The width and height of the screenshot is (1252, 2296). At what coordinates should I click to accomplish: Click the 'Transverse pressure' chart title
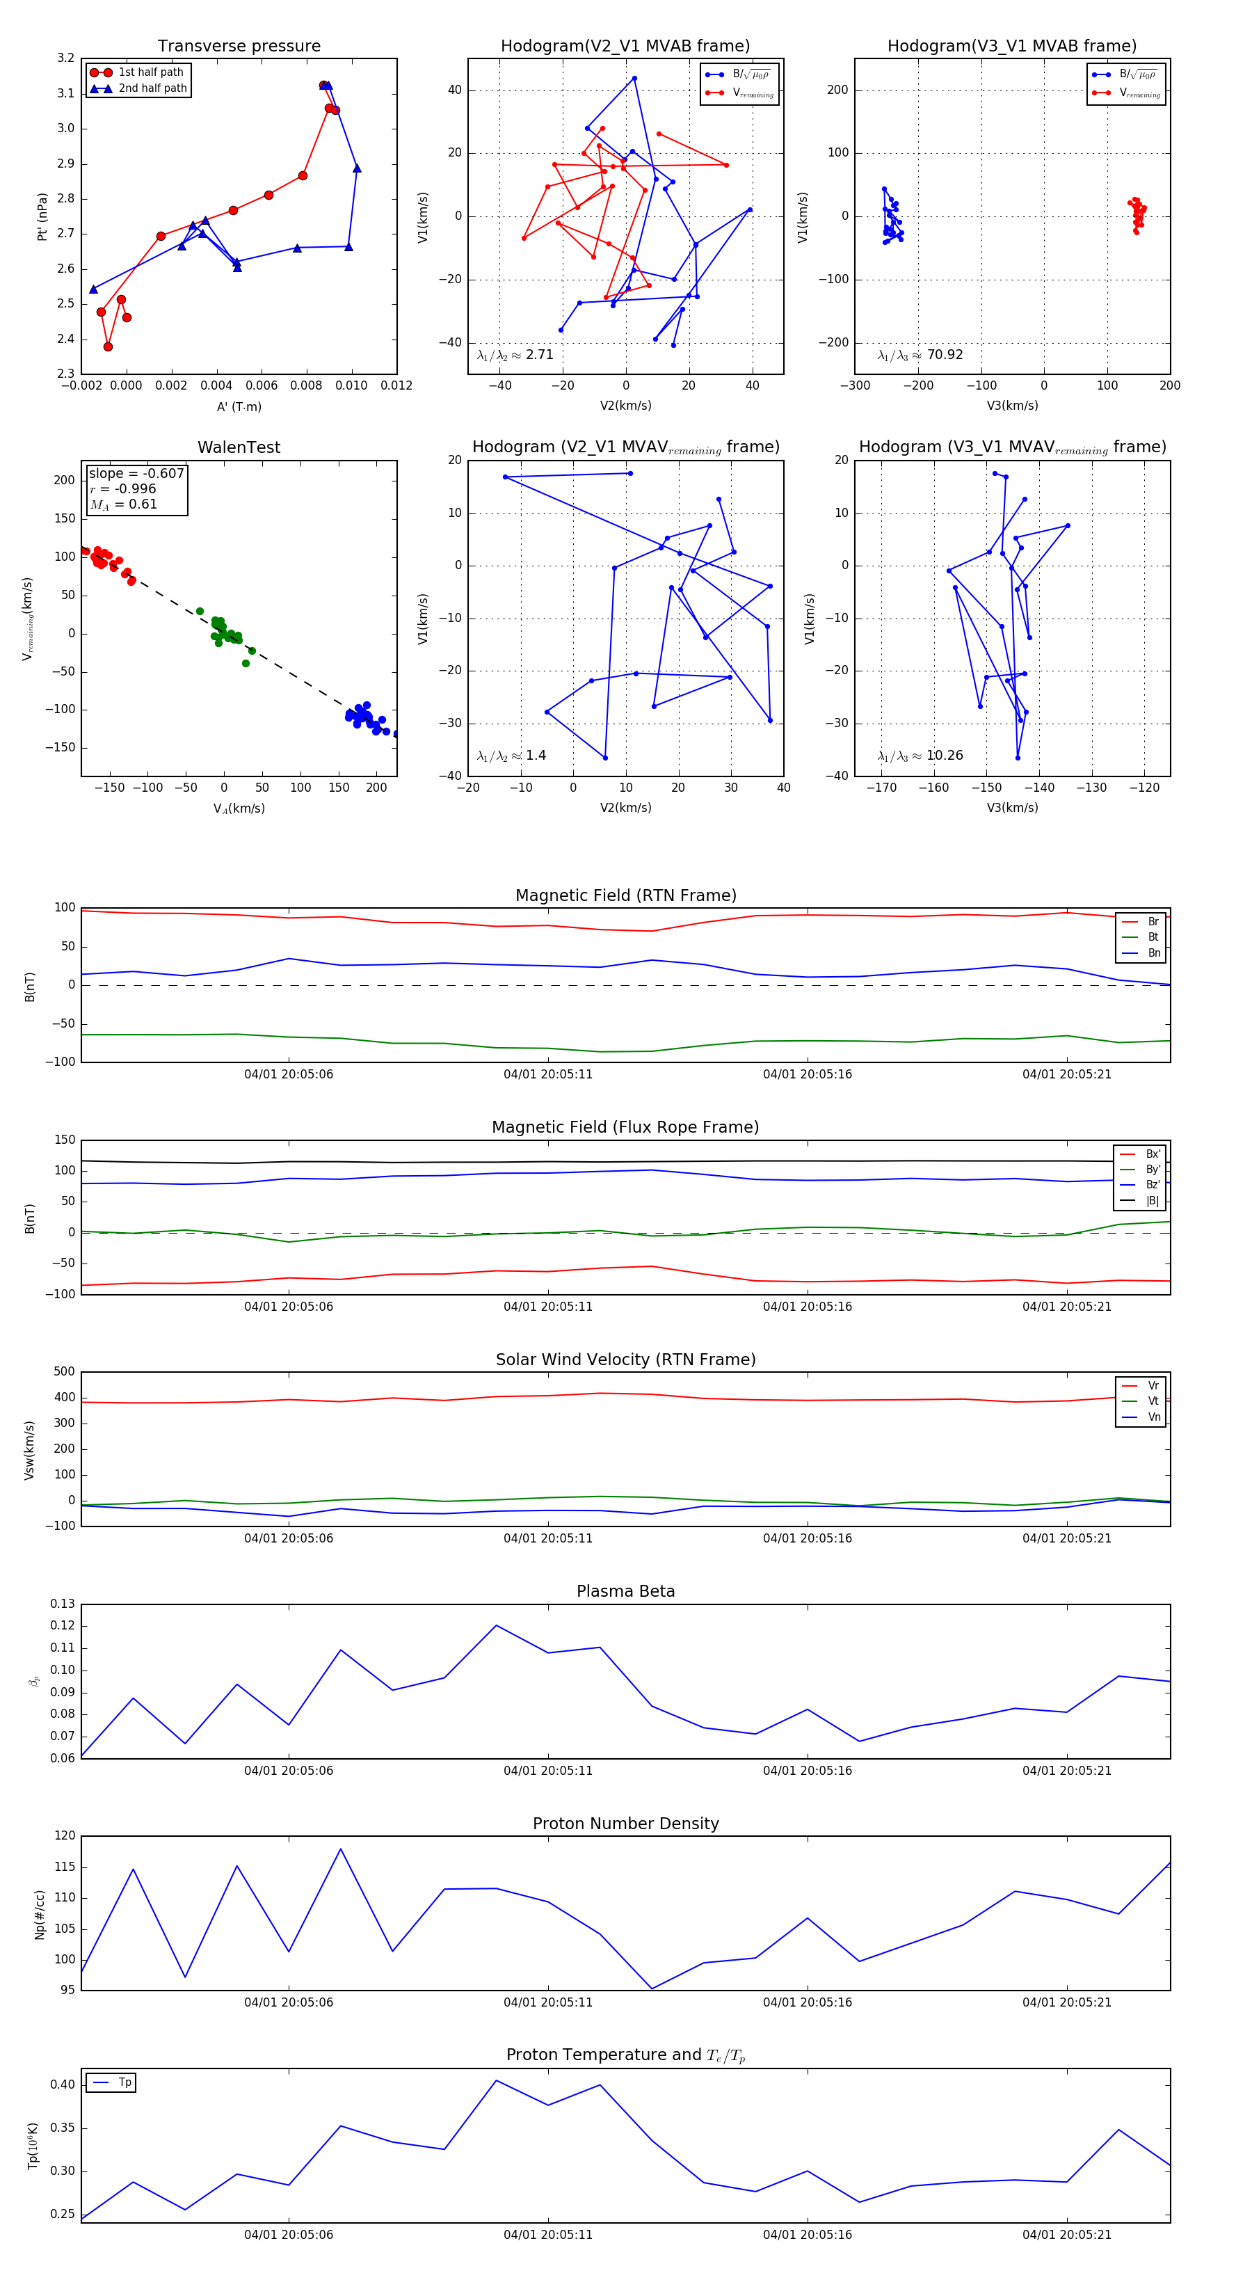click(x=239, y=47)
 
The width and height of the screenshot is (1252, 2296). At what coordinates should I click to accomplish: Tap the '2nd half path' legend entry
click(x=152, y=88)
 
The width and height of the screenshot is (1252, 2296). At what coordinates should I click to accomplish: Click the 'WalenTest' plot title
click(x=239, y=447)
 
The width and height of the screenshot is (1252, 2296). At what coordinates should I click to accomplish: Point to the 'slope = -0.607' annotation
click(x=136, y=473)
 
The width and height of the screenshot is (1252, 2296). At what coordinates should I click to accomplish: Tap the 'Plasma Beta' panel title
click(x=625, y=1591)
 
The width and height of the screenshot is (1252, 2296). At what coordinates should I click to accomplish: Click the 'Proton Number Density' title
click(x=625, y=1823)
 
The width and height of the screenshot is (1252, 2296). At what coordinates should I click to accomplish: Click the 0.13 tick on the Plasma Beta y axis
click(x=63, y=1604)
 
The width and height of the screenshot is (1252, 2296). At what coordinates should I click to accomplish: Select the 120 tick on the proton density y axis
click(x=65, y=1835)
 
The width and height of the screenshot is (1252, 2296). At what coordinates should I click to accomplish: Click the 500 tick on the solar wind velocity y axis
click(x=64, y=1372)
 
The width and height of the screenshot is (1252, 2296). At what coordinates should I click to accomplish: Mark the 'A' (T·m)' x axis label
click(x=239, y=406)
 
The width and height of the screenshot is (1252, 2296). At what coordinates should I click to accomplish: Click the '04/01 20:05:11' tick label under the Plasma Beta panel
click(x=547, y=1770)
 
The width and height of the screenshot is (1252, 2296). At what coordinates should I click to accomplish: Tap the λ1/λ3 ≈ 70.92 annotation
click(x=920, y=355)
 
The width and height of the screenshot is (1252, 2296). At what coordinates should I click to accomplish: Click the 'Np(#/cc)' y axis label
click(x=39, y=1913)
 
